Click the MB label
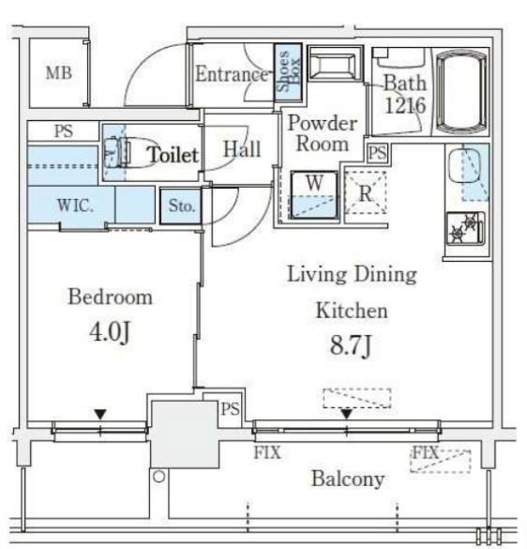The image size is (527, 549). [x=59, y=73]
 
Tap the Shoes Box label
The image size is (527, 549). [x=288, y=71]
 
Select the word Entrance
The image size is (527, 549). [x=232, y=74]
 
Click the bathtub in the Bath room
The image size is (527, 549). [x=460, y=91]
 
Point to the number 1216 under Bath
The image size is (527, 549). [x=405, y=105]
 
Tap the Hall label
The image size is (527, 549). [x=242, y=149]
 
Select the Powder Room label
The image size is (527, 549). [x=323, y=133]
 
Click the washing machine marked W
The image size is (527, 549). [x=314, y=194]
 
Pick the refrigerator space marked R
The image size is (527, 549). [x=366, y=192]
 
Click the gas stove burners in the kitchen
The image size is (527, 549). [x=465, y=228]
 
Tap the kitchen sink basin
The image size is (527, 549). [x=465, y=165]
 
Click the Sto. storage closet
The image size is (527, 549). [x=181, y=206]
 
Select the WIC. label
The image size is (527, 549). [x=75, y=206]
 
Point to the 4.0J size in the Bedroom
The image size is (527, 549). [x=110, y=332]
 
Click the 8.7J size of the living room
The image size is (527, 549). [x=351, y=345]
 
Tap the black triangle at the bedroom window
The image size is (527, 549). [x=100, y=415]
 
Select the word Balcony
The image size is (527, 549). [x=348, y=479]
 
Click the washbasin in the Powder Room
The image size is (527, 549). [x=335, y=64]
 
